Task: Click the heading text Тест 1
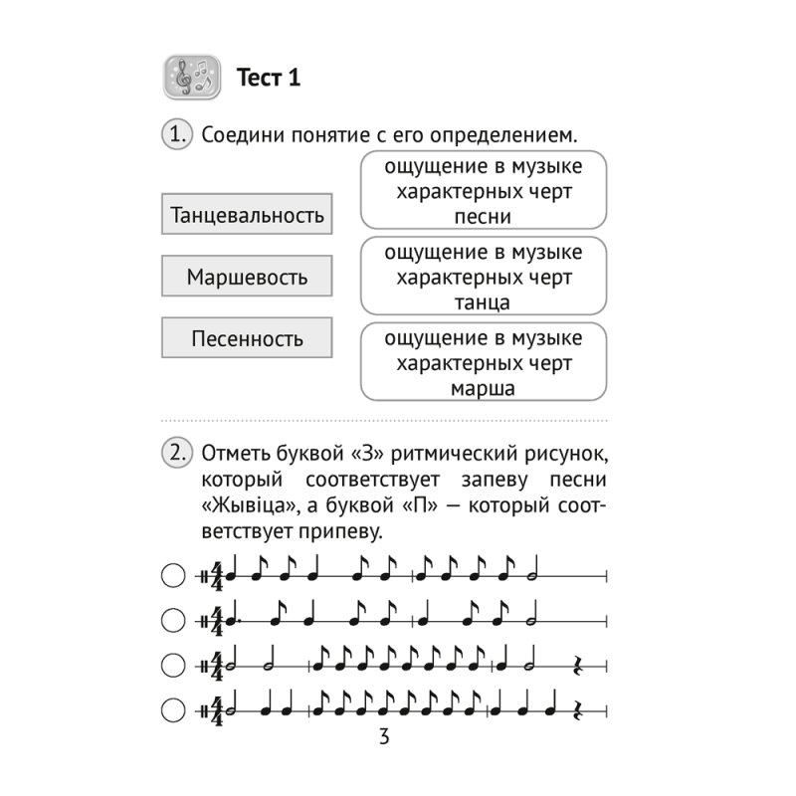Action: coord(268,78)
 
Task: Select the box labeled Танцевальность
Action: coord(247,215)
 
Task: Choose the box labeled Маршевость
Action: coord(247,277)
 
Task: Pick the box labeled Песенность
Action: coord(247,338)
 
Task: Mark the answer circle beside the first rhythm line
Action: coord(173,575)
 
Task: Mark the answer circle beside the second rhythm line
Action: coord(173,621)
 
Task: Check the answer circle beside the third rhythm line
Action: coord(173,665)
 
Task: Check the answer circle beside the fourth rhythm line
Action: coord(173,709)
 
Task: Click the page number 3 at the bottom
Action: coord(384,737)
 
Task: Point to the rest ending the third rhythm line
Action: coord(581,665)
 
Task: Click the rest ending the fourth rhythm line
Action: coord(581,709)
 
